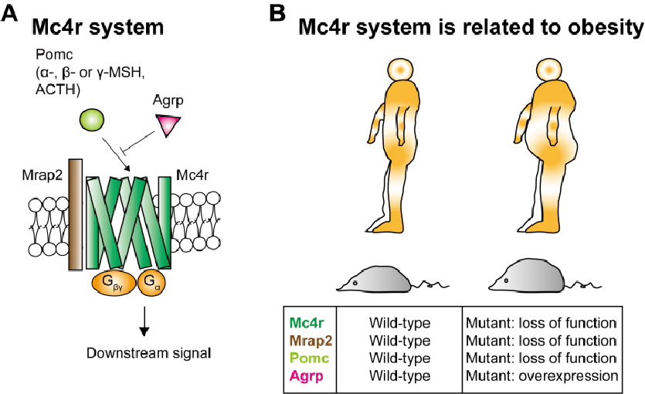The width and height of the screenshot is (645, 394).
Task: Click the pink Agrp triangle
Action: point(168,124)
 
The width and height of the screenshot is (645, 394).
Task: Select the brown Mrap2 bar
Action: point(75,215)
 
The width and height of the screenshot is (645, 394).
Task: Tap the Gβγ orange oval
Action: point(115,284)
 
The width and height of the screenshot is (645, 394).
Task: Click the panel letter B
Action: point(277,14)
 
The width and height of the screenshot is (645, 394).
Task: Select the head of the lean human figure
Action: point(400,70)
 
